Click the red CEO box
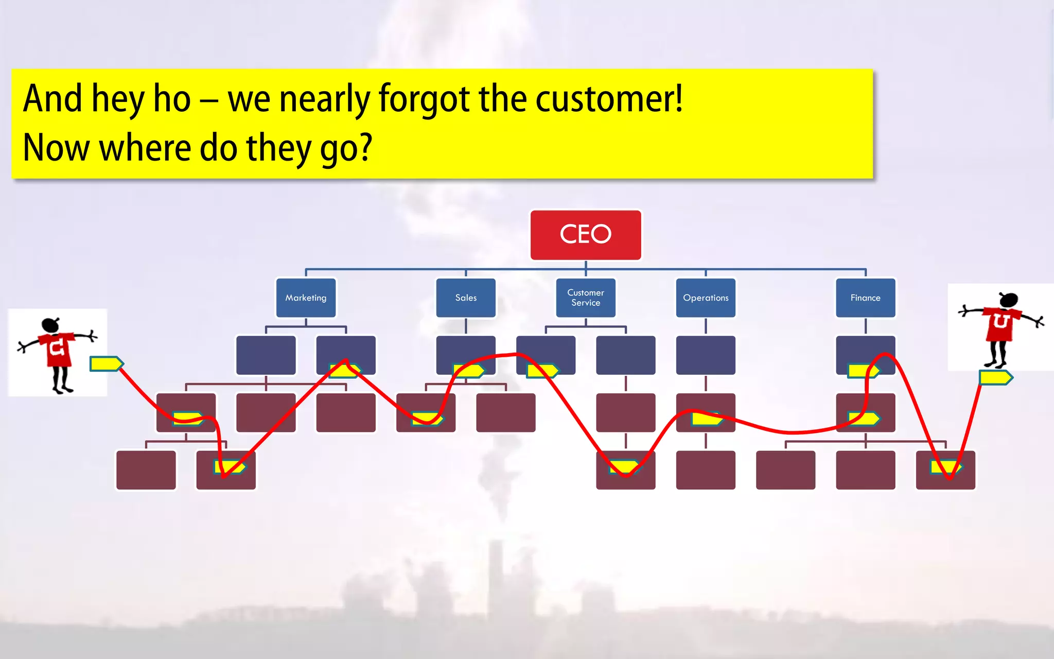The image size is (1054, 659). pos(586,235)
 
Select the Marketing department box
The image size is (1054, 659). pos(306,298)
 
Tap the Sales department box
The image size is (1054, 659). pos(466,298)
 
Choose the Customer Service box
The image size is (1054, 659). pos(586,298)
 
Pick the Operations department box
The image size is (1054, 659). pos(706,298)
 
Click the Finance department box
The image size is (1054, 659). pos(866,298)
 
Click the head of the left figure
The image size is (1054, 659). pos(50,325)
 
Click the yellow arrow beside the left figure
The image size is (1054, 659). pos(106,363)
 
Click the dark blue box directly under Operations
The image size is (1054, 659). pos(706,355)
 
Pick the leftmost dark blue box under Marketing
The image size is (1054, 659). pos(266,355)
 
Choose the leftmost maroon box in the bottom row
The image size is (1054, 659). pos(146,470)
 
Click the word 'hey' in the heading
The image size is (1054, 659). pos(118,98)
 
